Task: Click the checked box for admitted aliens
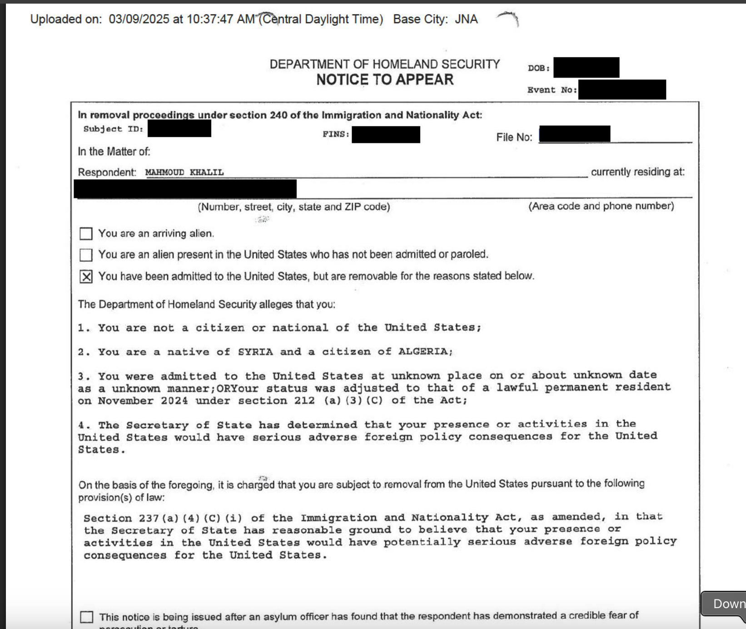[x=86, y=276]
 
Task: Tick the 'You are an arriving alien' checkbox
[x=86, y=234]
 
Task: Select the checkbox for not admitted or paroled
[x=86, y=255]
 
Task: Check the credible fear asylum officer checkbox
[x=86, y=617]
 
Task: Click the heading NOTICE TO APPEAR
[x=385, y=80]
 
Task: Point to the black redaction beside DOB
[x=586, y=68]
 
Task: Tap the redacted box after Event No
[x=622, y=89]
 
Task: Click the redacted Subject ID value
[x=179, y=129]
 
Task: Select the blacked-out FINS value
[x=386, y=135]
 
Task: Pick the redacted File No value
[x=574, y=134]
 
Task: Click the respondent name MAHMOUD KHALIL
[x=184, y=172]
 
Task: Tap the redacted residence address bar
[x=185, y=189]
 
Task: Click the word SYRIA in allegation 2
[x=255, y=352]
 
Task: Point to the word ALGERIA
[x=423, y=351]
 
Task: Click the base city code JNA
[x=466, y=19]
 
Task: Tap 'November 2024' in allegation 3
[x=143, y=401]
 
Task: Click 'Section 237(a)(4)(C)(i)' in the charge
[x=163, y=518]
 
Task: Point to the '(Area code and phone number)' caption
[x=601, y=206]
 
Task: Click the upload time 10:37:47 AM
[x=221, y=19]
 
